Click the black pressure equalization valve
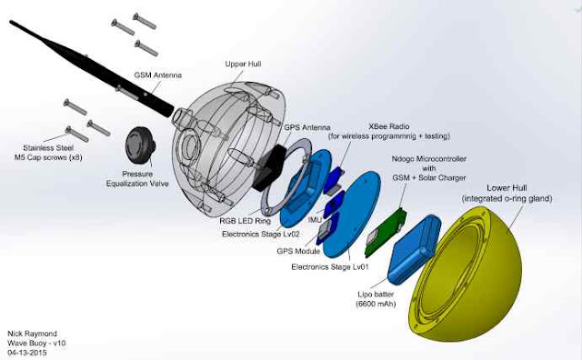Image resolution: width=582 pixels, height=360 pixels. point(140,144)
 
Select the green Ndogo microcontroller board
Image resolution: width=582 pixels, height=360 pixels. point(386,233)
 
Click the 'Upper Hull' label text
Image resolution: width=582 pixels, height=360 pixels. point(243,64)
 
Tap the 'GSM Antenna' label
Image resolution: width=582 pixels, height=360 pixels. point(157,75)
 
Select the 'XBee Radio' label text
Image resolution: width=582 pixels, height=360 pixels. point(389,126)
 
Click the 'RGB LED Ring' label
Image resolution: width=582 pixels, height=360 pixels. point(245,221)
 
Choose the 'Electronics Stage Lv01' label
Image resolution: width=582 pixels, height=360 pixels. point(330,267)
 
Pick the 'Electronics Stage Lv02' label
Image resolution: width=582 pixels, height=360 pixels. point(261,235)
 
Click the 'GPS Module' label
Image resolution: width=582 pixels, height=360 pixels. point(298,251)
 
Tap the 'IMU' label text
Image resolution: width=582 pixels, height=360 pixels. point(316,220)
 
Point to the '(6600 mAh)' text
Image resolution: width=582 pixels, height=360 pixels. point(376,305)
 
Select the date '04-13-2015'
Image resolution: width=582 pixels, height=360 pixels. point(27,353)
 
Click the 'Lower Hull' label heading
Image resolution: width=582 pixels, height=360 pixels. point(507,188)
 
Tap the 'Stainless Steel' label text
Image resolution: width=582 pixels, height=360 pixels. point(48,147)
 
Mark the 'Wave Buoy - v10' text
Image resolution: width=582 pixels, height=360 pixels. point(36,343)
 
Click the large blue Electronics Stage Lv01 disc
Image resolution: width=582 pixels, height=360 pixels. point(352,215)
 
